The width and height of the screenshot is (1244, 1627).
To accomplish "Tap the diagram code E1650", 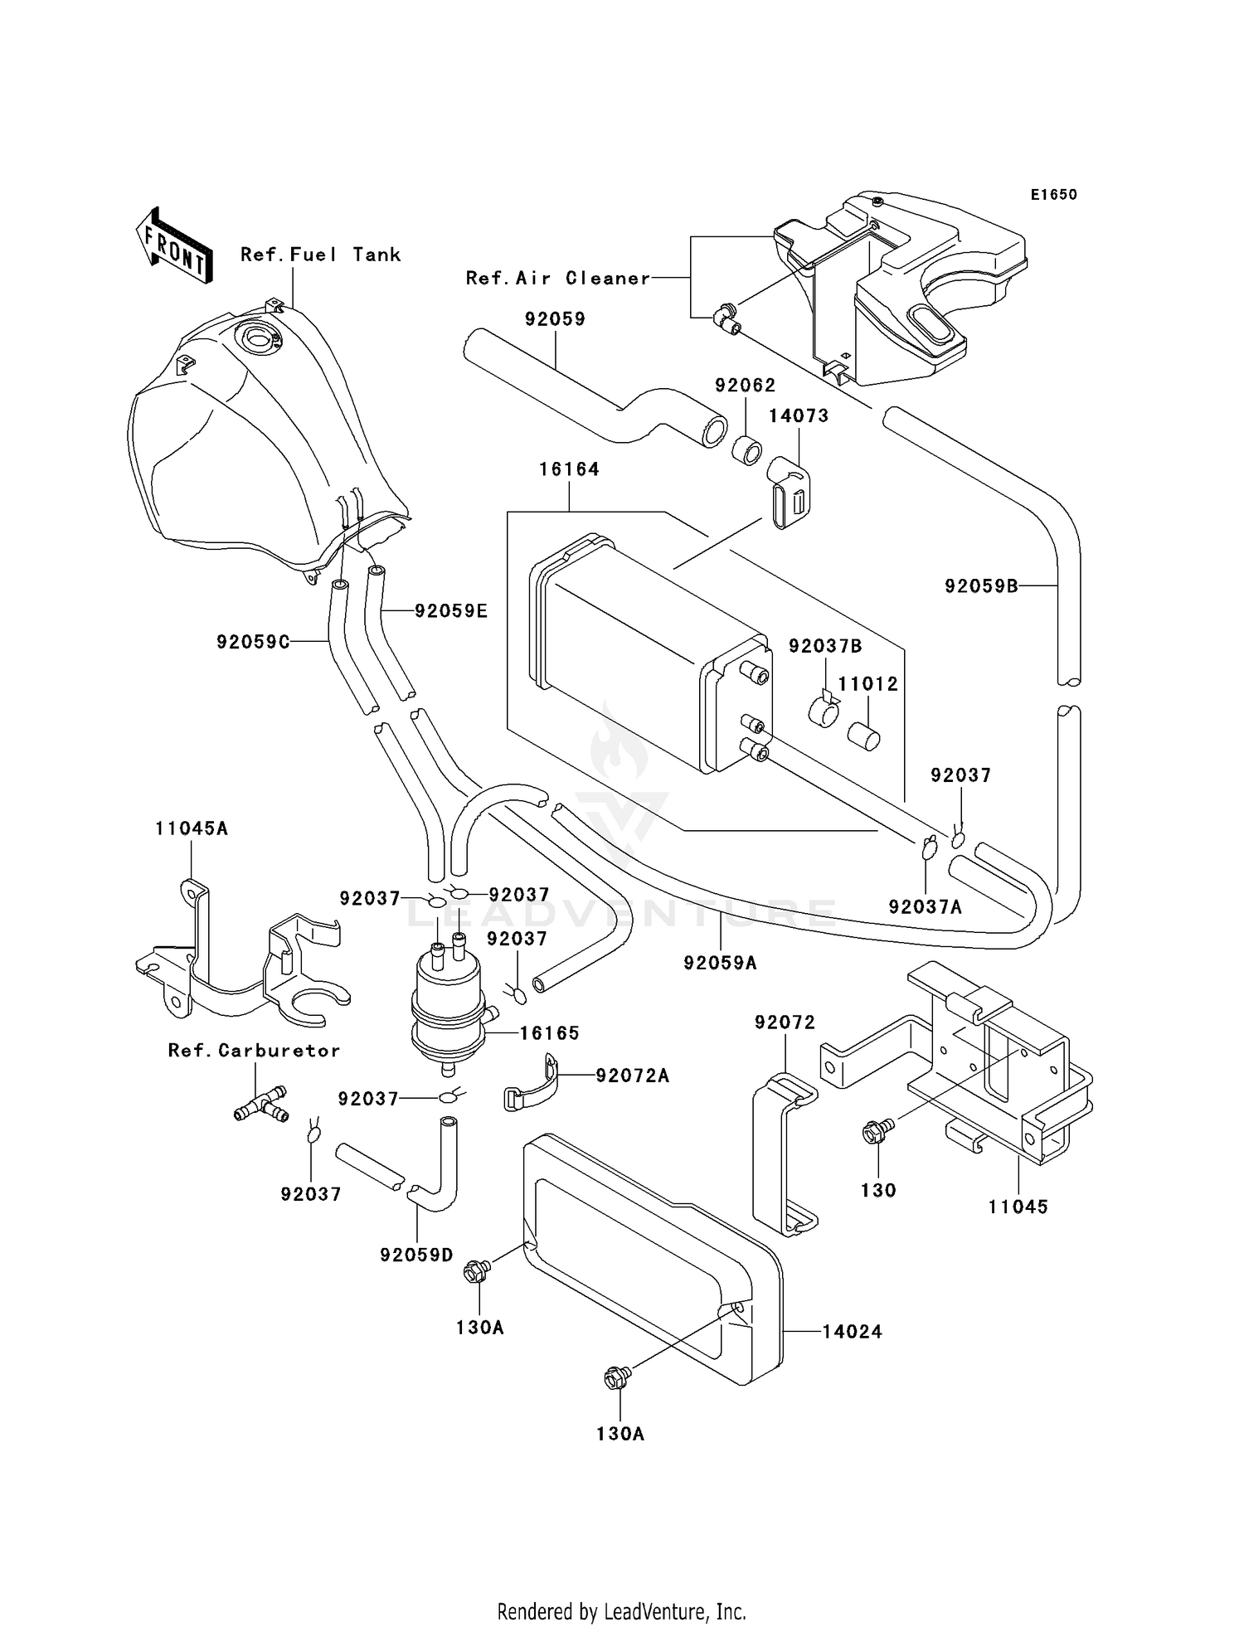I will coord(1053,195).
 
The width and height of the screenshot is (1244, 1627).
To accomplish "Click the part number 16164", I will coord(569,469).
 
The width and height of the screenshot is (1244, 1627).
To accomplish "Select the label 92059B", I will coord(981,586).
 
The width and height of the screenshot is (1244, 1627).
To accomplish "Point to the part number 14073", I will coord(798,415).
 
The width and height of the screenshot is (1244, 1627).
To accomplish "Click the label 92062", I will coord(745,386).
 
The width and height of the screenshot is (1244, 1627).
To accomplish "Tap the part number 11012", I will coord(867,684).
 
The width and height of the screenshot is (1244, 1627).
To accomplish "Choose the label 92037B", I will coord(825,646).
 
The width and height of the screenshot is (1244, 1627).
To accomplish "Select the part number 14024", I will coord(852,1332).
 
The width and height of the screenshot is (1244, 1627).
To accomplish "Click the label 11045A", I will coord(191,828).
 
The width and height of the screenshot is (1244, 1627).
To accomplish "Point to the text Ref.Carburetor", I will coord(254,1051).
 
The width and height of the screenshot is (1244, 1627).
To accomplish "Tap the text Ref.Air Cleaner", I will coord(557,279).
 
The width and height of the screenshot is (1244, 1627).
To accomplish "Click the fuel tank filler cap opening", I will coord(260,338).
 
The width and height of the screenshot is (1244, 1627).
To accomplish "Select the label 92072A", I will coord(632,1076).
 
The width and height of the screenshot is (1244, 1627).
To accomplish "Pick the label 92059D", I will coord(416,1255).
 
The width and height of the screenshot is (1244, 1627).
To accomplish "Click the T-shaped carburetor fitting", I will coord(260,1105).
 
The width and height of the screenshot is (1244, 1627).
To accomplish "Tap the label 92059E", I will coord(450,611).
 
